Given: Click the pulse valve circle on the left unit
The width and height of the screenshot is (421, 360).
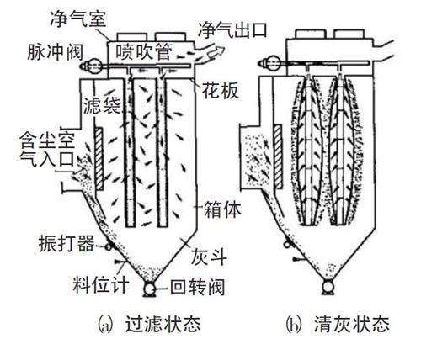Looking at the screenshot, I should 92,61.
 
